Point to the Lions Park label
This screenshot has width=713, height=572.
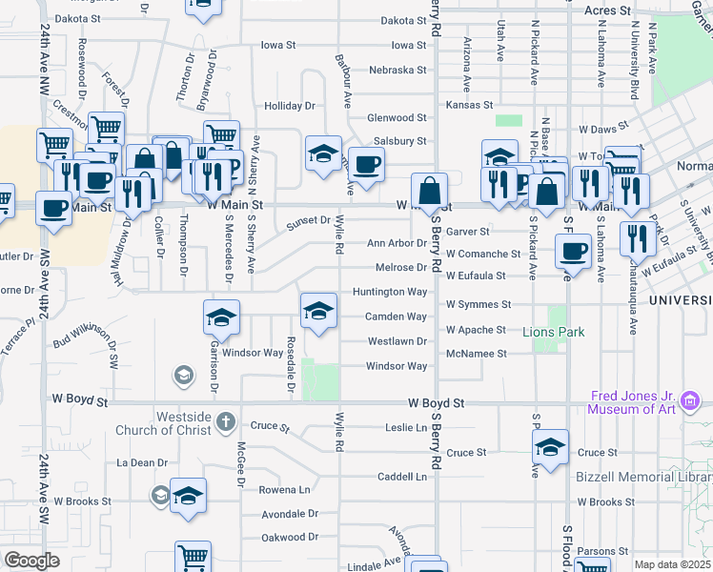[x=554, y=333]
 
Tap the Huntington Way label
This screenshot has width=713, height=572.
[x=389, y=292]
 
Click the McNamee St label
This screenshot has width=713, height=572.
[x=477, y=354]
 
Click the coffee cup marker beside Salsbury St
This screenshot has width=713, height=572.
[x=366, y=165]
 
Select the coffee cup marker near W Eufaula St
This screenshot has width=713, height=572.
[x=573, y=252]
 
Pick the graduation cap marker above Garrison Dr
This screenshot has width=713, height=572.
[x=221, y=317]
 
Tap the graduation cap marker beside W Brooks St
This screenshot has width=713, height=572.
[x=189, y=496]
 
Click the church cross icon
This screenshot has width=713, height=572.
[x=225, y=420]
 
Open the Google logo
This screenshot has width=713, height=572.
[x=32, y=561]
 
